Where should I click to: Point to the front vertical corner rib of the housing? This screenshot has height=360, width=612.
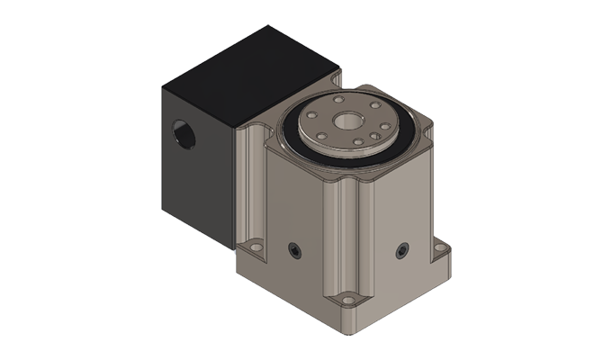click(x=349, y=234)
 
